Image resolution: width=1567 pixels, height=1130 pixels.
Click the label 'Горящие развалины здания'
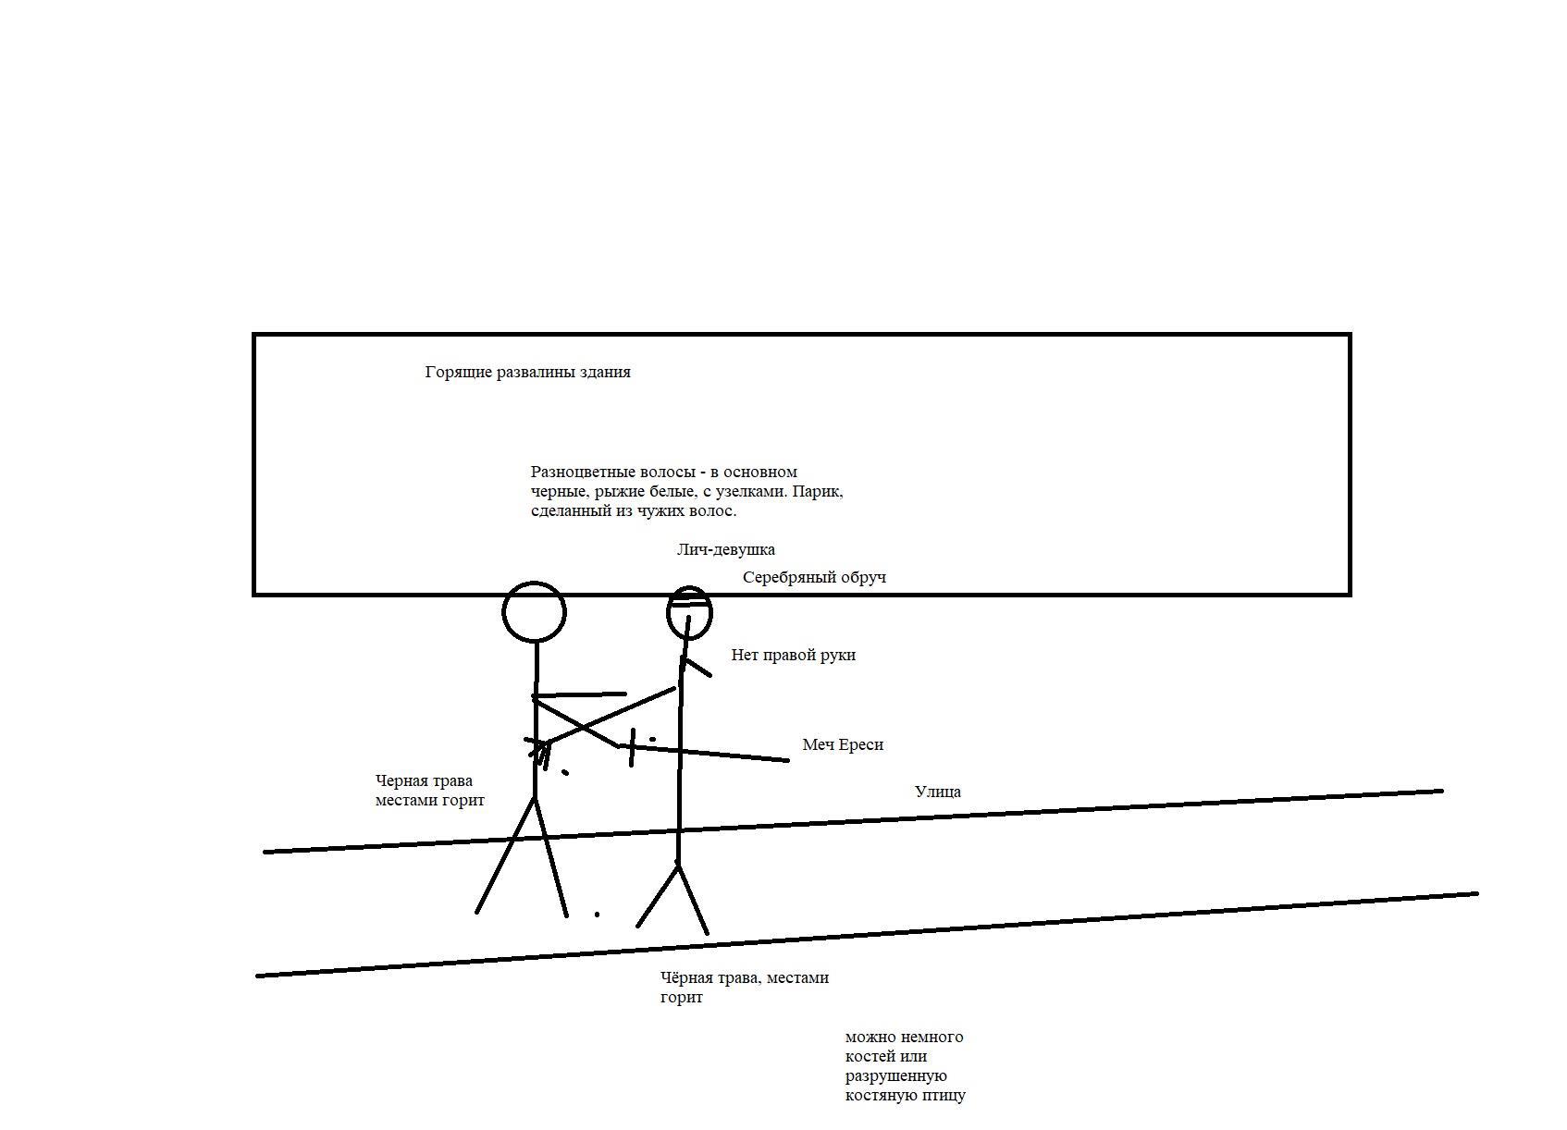(527, 373)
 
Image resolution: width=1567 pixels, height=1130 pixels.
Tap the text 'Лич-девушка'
(725, 549)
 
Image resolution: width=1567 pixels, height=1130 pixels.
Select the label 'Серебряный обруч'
(814, 578)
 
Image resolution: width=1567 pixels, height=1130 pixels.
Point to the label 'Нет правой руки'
(794, 656)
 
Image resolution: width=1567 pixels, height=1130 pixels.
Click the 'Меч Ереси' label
(843, 744)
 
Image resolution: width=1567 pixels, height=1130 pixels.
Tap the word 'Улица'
(937, 792)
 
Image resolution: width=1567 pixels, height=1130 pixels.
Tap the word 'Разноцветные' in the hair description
(584, 473)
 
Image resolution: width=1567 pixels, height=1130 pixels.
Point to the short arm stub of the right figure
(697, 667)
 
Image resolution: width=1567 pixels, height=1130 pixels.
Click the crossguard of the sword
(632, 747)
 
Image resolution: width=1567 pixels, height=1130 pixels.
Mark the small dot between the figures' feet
(597, 914)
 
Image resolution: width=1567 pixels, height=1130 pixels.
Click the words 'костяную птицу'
(906, 1095)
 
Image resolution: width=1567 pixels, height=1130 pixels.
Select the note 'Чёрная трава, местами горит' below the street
(745, 988)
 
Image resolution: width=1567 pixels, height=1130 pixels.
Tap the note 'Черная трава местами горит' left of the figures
(429, 790)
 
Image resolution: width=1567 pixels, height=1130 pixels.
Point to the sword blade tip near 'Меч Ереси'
(788, 760)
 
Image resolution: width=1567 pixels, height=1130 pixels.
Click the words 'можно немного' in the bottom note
(904, 1037)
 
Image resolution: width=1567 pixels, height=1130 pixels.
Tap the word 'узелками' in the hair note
(753, 492)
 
